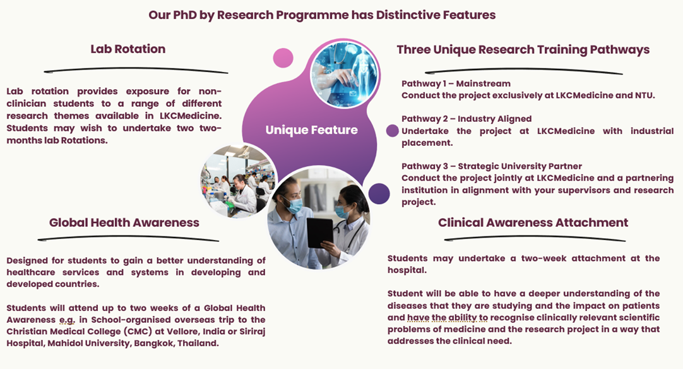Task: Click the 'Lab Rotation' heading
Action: pyautogui.click(x=128, y=49)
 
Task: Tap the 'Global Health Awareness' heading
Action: pyautogui.click(x=124, y=222)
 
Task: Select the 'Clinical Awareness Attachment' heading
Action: pyautogui.click(x=533, y=222)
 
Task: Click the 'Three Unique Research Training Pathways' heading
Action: pyautogui.click(x=523, y=50)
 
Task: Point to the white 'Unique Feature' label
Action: pyautogui.click(x=311, y=130)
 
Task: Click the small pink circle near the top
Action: pyautogui.click(x=283, y=57)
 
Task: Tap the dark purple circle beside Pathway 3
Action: pyautogui.click(x=379, y=193)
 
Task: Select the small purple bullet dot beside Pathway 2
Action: pyautogui.click(x=393, y=130)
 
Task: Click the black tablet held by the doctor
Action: pyautogui.click(x=320, y=233)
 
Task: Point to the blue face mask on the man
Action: pyautogui.click(x=295, y=205)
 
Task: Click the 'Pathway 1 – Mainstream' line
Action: pyautogui.click(x=456, y=83)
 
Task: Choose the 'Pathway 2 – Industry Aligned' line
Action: pyautogui.click(x=466, y=119)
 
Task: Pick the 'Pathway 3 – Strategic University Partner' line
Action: pyautogui.click(x=492, y=166)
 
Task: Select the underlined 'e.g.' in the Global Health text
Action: pyautogui.click(x=67, y=320)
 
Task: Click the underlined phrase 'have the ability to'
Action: pyautogui.click(x=448, y=318)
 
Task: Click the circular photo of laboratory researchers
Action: pyautogui.click(x=238, y=181)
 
